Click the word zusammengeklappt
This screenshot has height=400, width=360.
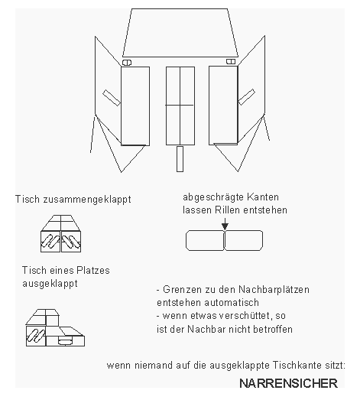point(86,199)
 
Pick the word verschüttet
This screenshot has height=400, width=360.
point(232,317)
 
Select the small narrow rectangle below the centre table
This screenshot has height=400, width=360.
point(180,160)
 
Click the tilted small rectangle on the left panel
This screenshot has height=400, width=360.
point(112,96)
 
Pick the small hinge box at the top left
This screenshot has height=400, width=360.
point(127,62)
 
